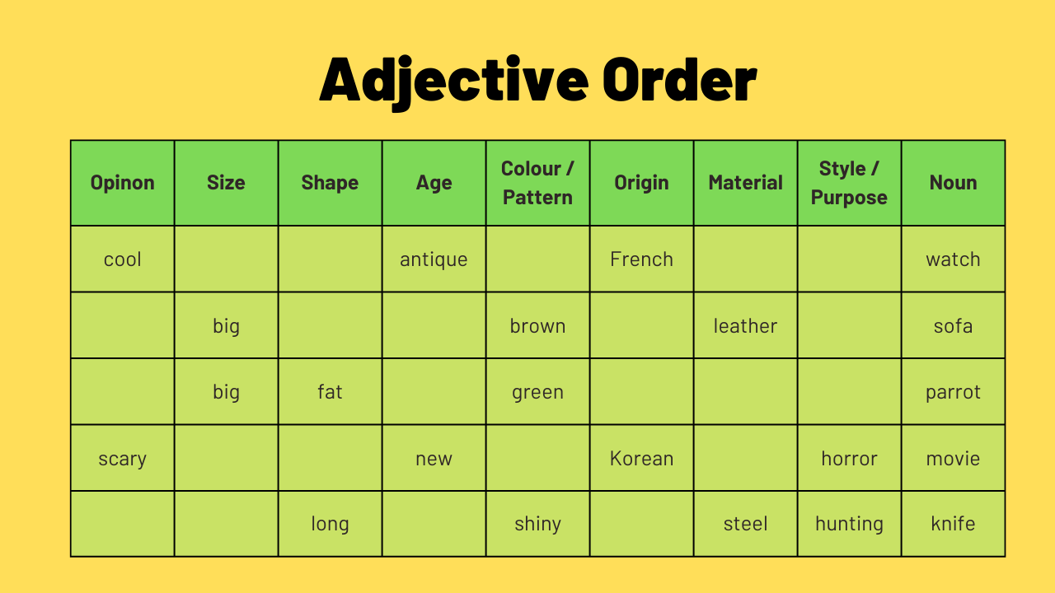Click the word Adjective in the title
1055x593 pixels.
tap(454, 80)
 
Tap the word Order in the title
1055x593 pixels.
tap(679, 80)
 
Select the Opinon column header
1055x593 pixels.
tap(123, 183)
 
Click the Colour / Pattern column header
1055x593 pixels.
tap(537, 183)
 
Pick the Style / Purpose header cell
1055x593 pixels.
tap(849, 183)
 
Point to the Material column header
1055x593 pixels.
tap(745, 183)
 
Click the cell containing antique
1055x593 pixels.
tap(434, 259)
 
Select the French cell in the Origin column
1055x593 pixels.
tap(641, 259)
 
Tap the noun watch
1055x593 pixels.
tap(953, 259)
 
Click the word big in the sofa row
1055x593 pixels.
tap(226, 326)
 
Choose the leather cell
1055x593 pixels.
tap(745, 326)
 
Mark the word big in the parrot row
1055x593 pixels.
tap(226, 392)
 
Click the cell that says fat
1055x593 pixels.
tap(330, 392)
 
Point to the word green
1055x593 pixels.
tap(537, 392)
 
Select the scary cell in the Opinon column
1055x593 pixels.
tap(123, 459)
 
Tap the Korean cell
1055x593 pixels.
tap(641, 459)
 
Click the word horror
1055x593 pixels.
tap(849, 459)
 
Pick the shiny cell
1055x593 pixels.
tap(537, 524)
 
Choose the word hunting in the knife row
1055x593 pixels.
tap(849, 524)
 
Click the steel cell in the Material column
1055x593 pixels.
tap(745, 524)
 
